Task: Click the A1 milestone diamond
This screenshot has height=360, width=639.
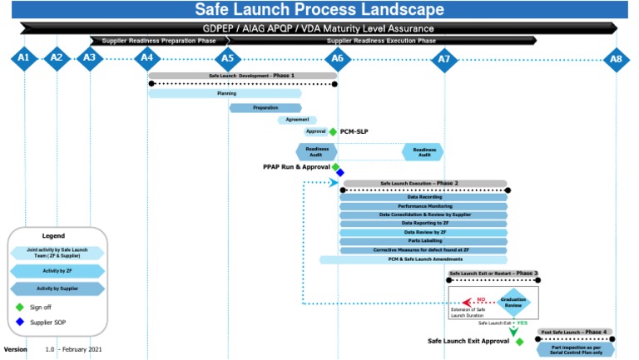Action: (24, 58)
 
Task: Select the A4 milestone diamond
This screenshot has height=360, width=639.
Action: (147, 58)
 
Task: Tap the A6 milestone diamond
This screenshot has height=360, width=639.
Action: (337, 58)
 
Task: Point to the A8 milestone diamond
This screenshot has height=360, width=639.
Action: (616, 59)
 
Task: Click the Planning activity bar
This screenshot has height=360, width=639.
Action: (225, 94)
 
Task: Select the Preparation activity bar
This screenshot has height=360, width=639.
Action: (265, 107)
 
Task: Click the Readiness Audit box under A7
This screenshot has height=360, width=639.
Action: (424, 152)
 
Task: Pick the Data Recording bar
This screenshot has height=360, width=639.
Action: (424, 197)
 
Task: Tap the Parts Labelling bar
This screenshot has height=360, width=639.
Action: (424, 241)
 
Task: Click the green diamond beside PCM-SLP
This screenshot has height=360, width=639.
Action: (333, 131)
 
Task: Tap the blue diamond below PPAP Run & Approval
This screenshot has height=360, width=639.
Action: (339, 173)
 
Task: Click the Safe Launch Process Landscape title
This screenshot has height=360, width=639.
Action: (319, 10)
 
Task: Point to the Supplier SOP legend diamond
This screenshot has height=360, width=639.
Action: (20, 322)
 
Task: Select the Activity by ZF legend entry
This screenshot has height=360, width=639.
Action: (57, 270)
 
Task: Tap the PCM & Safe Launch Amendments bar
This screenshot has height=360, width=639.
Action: (414, 259)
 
